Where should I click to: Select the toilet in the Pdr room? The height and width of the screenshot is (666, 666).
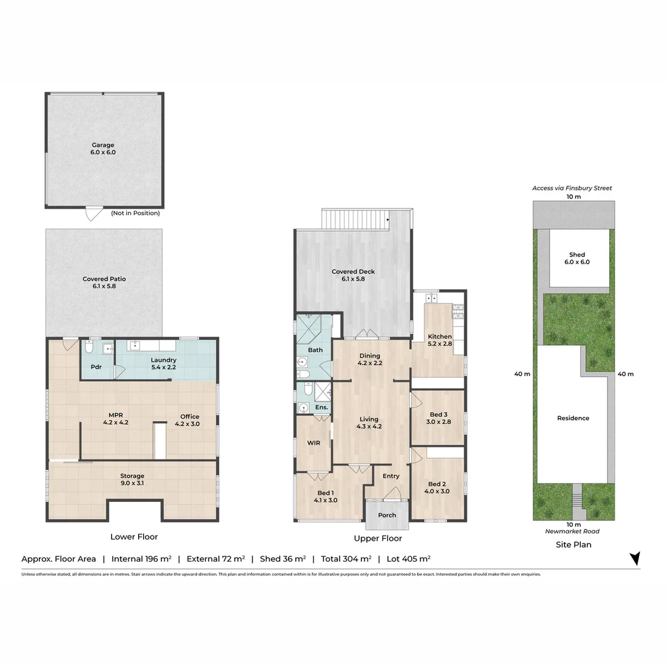tap(89, 347)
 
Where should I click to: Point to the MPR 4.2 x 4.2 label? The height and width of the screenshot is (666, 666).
tap(115, 419)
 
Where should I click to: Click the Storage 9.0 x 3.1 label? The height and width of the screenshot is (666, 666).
tap(132, 480)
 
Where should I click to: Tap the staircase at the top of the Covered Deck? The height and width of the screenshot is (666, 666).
tap(356, 219)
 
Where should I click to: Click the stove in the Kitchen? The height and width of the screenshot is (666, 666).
tap(458, 311)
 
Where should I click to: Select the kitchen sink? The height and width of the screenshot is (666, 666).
tap(432, 298)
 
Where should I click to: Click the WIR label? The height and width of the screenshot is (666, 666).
tap(313, 443)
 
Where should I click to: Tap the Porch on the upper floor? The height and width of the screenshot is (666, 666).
tap(387, 514)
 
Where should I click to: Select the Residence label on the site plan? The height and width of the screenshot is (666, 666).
tap(573, 418)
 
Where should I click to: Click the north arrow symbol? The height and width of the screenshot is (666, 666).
tap(635, 558)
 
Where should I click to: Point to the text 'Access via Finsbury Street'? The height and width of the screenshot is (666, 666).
tap(572, 188)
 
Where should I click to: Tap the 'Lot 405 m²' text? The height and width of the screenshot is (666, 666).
tap(408, 559)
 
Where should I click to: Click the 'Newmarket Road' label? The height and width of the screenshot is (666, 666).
tap(572, 532)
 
